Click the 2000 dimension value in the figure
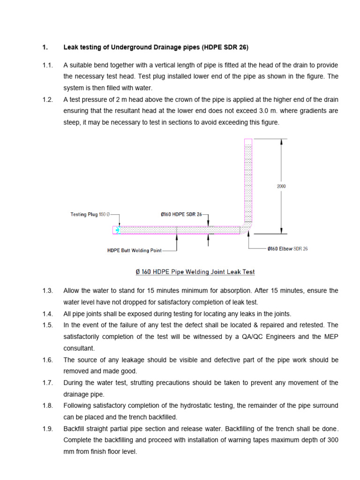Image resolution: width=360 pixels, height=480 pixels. coord(281,186)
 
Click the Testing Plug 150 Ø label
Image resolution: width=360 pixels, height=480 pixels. coord(90,215)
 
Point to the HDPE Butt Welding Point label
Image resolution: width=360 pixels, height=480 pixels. coord(135,250)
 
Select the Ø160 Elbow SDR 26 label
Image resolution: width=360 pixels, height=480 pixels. coord(287,249)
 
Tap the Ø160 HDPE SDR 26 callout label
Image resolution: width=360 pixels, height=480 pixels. coord(180,215)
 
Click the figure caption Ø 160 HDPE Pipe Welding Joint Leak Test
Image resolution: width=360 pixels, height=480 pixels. coord(192,272)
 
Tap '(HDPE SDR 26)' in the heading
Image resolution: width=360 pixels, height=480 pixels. coord(225,47)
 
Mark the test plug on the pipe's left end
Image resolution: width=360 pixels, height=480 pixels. coord(116,230)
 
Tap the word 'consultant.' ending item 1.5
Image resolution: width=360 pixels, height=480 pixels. coord(79,348)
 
